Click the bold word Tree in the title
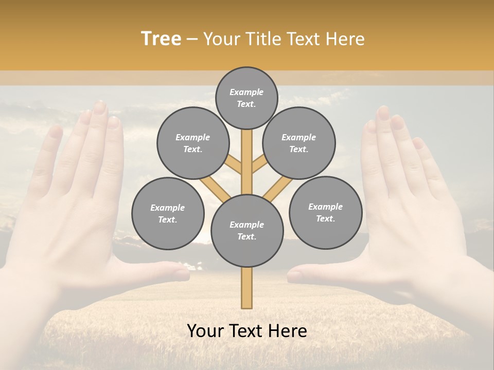pyautogui.click(x=161, y=39)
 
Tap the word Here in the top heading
pyautogui.click(x=345, y=39)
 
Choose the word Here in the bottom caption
pyautogui.click(x=287, y=331)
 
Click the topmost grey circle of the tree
pyautogui.click(x=246, y=98)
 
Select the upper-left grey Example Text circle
pyautogui.click(x=193, y=143)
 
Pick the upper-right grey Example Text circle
pyautogui.click(x=299, y=143)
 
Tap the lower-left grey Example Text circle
pyautogui.click(x=168, y=213)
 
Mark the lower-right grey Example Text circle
pyautogui.click(x=325, y=212)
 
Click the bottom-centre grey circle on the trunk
pyautogui.click(x=247, y=231)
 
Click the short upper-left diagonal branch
pyautogui.click(x=235, y=165)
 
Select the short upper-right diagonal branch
pyautogui.click(x=259, y=164)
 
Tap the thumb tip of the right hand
pyautogui.click(x=294, y=275)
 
